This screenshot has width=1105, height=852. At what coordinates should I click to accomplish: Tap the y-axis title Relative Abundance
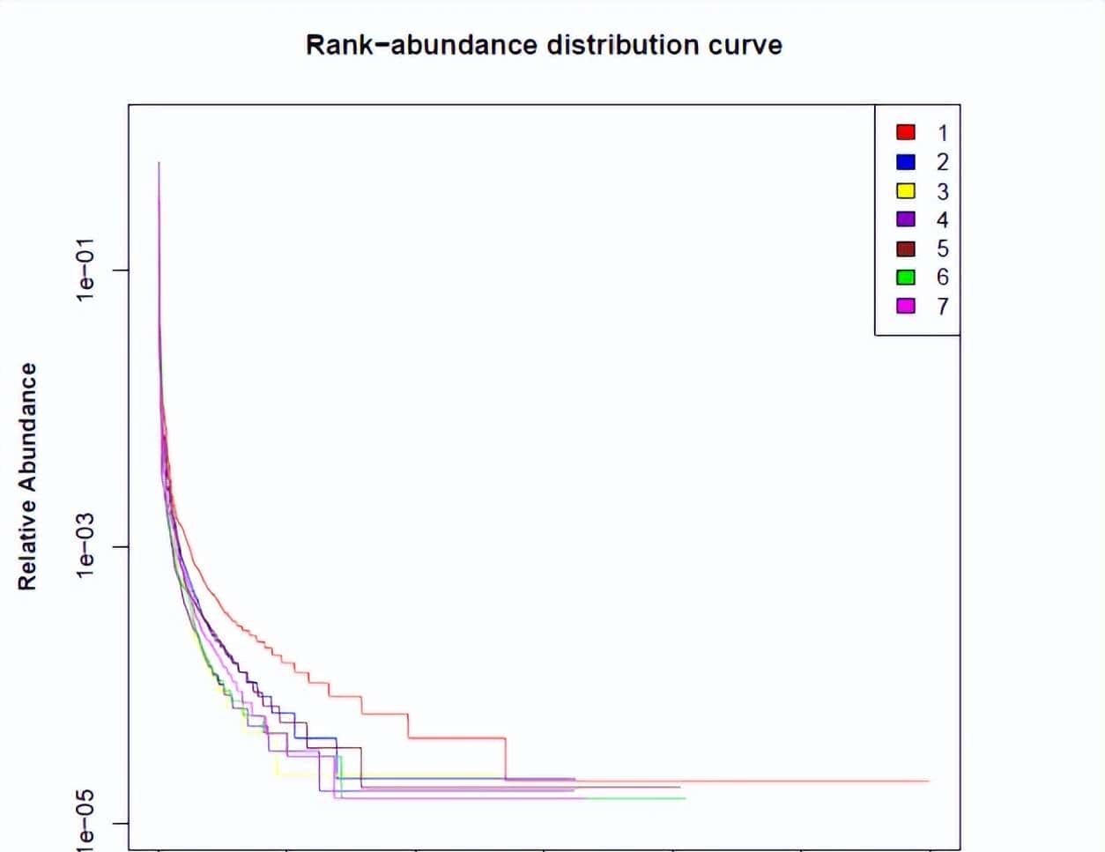(x=28, y=477)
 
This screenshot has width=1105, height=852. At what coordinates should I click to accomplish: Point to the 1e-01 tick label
(x=85, y=270)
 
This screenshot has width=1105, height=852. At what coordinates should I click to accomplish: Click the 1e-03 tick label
(x=85, y=547)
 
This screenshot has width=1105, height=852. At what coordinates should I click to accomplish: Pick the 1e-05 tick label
(x=85, y=824)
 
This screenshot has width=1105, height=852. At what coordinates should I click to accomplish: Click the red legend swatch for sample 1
(x=906, y=132)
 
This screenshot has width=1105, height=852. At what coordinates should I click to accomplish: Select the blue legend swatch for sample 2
(x=906, y=161)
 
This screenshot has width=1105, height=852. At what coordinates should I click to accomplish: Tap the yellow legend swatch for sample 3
(x=906, y=190)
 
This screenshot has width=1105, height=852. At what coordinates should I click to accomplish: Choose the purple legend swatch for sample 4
(x=906, y=219)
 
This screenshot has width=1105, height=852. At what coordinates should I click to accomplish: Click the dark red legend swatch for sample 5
(x=906, y=248)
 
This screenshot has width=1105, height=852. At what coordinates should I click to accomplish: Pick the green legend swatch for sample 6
(x=906, y=277)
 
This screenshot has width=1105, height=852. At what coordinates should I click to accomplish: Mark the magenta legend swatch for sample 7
(x=906, y=306)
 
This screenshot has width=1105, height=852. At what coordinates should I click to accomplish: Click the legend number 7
(x=943, y=306)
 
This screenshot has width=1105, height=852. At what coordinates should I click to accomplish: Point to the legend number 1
(x=943, y=132)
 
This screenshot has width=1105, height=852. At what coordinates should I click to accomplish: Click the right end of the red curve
(x=929, y=781)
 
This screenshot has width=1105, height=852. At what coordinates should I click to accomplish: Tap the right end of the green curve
(x=685, y=798)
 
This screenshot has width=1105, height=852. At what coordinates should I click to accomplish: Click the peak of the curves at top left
(x=159, y=163)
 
